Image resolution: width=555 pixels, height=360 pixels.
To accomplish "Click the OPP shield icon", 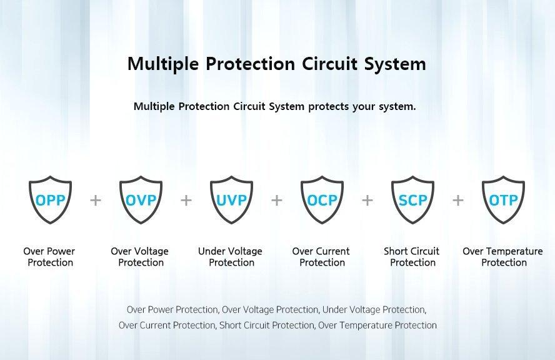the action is [x=50, y=199].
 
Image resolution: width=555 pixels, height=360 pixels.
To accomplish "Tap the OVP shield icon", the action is [x=141, y=199].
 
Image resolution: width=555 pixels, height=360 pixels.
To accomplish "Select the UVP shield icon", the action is [x=231, y=199].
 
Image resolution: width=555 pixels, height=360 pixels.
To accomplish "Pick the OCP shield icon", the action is [x=322, y=199].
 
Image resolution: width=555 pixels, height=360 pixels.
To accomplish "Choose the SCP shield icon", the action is [x=412, y=199].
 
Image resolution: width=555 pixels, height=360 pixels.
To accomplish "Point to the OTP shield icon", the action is [x=503, y=199].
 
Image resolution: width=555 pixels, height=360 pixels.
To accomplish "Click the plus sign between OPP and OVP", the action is [x=96, y=201].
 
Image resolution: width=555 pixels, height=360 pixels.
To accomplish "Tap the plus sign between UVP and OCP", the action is [x=277, y=201].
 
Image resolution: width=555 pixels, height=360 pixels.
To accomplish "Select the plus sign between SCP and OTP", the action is [x=458, y=201].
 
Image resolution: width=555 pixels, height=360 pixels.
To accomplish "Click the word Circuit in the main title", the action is [x=330, y=64].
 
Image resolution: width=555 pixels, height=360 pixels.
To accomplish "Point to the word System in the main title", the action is [x=396, y=65].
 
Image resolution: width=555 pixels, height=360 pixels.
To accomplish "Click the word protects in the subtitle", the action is [x=328, y=106].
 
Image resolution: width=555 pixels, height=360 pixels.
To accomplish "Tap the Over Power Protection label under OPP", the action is [x=49, y=257].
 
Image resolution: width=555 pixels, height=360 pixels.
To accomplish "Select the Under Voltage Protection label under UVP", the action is [x=231, y=257].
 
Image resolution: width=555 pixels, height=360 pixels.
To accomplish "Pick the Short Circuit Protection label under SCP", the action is [x=412, y=257].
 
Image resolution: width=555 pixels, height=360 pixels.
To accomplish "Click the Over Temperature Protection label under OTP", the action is [x=503, y=257].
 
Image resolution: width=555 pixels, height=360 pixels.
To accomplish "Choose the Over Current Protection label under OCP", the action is [x=321, y=257].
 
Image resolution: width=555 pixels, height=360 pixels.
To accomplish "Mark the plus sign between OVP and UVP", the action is [x=186, y=201].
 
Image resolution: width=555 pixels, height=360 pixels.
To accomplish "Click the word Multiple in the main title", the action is [x=163, y=64].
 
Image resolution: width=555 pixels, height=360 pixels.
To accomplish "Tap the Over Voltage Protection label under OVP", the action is [x=140, y=257].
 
